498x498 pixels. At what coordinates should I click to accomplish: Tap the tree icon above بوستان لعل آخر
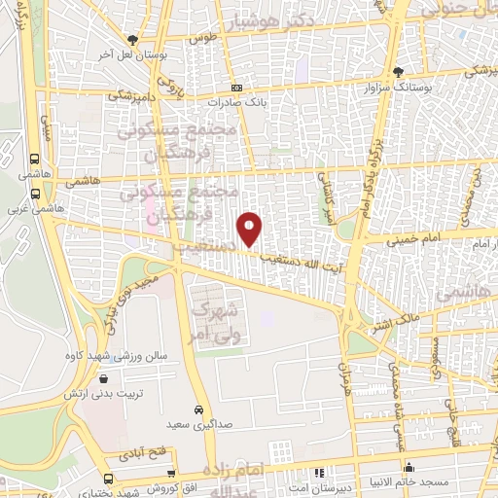[x=132, y=40]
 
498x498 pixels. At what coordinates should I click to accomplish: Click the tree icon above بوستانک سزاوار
[x=397, y=71]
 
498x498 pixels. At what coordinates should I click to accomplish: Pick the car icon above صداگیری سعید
[x=198, y=409]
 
